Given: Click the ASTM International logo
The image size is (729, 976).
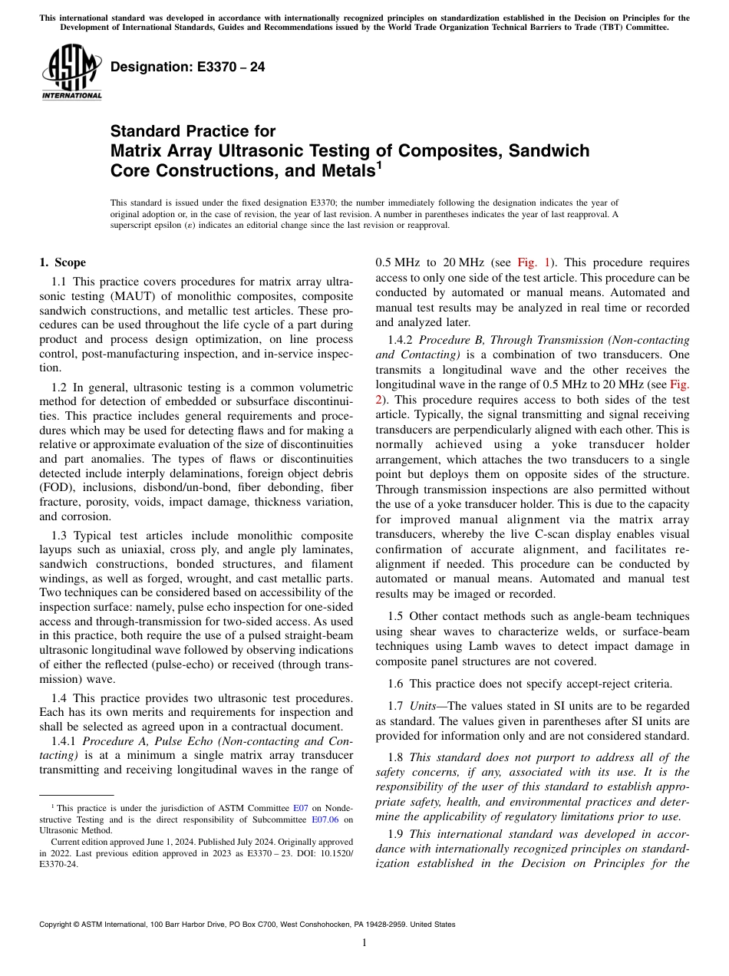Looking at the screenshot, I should pos(71,71).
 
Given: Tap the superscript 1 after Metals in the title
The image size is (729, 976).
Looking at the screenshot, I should pos(379,164).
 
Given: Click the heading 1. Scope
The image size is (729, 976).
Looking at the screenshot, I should pos(62,262).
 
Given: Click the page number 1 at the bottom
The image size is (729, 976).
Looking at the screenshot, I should pos(364,942).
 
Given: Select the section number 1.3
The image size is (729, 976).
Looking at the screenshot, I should pos(61,535).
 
